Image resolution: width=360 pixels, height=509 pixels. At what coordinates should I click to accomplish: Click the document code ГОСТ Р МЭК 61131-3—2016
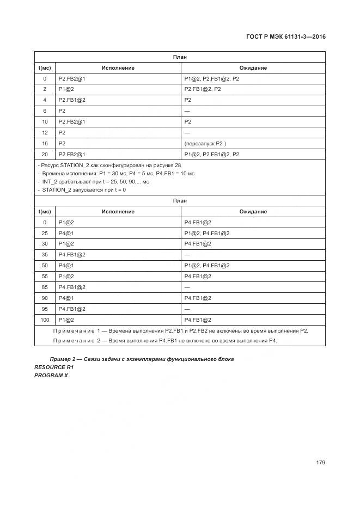coord(285,36)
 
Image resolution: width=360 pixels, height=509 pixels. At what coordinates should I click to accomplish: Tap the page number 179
coord(320,462)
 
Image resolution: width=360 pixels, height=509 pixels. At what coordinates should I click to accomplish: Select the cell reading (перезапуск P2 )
coord(205,144)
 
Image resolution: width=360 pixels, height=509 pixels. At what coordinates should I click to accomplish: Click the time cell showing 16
coord(45,144)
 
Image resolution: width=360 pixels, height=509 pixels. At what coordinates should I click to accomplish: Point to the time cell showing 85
coord(45,287)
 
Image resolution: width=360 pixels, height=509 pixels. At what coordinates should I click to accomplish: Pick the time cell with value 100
coord(45,320)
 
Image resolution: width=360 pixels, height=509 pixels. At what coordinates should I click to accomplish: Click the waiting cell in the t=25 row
coord(207,233)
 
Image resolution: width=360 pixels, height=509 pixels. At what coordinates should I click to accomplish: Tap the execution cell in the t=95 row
coord(72,309)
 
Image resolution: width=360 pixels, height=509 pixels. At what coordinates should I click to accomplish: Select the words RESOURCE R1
coord(53,367)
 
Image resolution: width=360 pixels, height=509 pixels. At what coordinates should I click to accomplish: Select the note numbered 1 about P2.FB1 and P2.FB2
coord(181,330)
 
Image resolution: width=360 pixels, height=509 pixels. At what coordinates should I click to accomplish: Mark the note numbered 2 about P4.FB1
coord(165,340)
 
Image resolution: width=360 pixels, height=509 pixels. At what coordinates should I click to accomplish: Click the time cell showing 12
coord(45,133)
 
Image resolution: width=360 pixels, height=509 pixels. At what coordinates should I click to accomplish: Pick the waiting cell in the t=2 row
coord(203,89)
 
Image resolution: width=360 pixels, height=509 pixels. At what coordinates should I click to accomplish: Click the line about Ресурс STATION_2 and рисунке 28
coord(109,165)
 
